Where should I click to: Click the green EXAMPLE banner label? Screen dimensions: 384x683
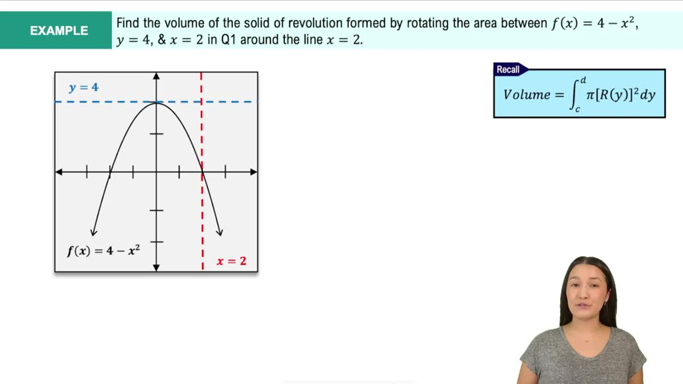59,31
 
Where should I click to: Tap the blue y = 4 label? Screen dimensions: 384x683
83,87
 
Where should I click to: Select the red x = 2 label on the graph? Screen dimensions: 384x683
232,261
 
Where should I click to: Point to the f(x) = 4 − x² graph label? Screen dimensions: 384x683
103,250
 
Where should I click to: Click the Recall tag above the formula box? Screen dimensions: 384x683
508,70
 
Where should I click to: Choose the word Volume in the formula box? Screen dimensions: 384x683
527,95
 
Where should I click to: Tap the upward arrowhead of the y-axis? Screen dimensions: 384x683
156,76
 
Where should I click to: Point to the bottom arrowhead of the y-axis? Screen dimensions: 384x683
156,268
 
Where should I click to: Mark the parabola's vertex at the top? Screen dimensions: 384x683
156,102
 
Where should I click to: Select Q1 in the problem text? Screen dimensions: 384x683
229,40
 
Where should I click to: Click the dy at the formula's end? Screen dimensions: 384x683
647,95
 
